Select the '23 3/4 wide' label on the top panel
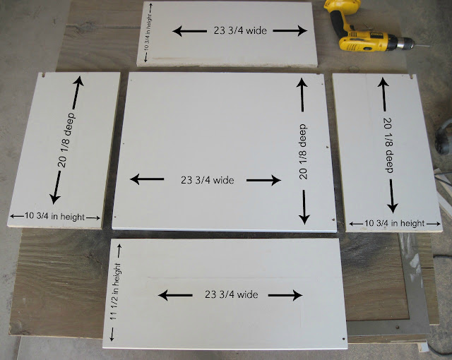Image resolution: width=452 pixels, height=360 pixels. pos(240,30)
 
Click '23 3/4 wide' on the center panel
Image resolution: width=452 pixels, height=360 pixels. pos(207,180)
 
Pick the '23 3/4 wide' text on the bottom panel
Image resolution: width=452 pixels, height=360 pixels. pos(231,294)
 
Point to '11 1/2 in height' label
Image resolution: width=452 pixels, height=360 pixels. pos(115,291)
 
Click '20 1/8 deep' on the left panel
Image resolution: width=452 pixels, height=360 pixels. pos(66,140)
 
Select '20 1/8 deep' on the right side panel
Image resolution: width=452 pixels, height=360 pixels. pos(389,145)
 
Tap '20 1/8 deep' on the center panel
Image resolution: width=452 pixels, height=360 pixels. pos(303,152)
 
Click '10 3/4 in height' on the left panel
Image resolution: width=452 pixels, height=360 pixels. pos(55,216)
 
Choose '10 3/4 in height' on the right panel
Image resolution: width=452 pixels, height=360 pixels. pos(395,223)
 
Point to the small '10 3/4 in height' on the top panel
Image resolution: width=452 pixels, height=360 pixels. pos(147,32)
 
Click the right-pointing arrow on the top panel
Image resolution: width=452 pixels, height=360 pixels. pos(290,30)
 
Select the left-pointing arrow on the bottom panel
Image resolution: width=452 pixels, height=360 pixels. pos(175,295)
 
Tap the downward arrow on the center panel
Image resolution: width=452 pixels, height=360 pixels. pos(304,207)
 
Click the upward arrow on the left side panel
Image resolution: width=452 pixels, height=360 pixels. pos(77,92)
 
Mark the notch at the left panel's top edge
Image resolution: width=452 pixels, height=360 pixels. pos(44,75)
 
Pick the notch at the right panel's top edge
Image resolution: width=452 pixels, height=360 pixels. pos(412,77)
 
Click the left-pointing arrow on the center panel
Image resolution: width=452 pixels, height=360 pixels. pos(147,179)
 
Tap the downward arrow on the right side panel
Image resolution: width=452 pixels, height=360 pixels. pos(392,196)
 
